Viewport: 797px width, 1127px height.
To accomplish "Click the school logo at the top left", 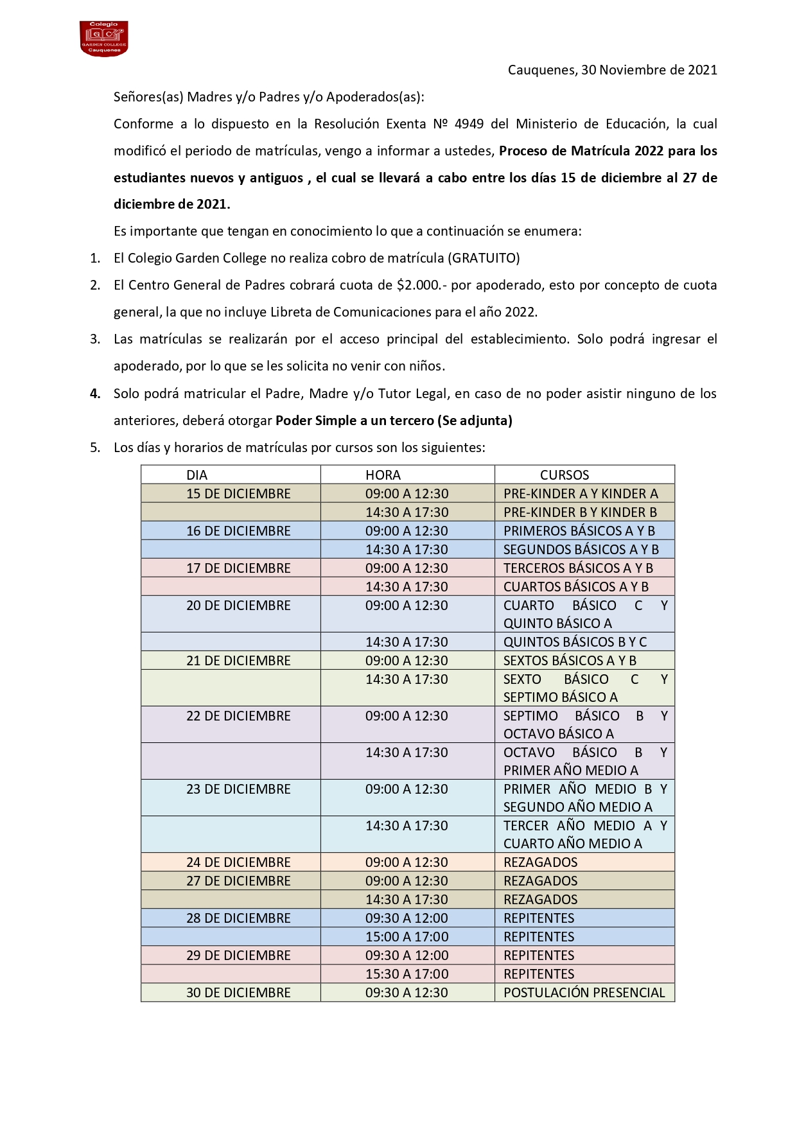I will pyautogui.click(x=103, y=39).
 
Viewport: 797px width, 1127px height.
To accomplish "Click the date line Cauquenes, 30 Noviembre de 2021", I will pyautogui.click(x=612, y=70).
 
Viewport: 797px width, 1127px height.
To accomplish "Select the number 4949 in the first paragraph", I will pyautogui.click(x=469, y=124).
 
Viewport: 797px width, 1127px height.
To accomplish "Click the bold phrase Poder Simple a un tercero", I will pyautogui.click(x=355, y=421).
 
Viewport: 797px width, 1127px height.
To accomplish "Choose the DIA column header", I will pyautogui.click(x=197, y=475).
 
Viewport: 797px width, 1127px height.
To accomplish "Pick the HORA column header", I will pyautogui.click(x=383, y=475).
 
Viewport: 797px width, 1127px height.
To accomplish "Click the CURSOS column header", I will pyautogui.click(x=564, y=475).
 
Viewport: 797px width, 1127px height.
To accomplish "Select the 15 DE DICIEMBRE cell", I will pyautogui.click(x=238, y=494).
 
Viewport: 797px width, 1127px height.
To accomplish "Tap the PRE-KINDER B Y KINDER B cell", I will pyautogui.click(x=580, y=512).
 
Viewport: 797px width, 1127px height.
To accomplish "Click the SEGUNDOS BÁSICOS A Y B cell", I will pyautogui.click(x=581, y=550).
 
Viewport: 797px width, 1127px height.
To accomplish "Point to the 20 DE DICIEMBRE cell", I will pyautogui.click(x=238, y=606).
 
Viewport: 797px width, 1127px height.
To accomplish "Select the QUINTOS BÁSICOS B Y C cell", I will pyautogui.click(x=575, y=642).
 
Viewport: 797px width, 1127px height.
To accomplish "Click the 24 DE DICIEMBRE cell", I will pyautogui.click(x=238, y=862).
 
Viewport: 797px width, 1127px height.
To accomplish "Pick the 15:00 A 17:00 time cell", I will pyautogui.click(x=407, y=937).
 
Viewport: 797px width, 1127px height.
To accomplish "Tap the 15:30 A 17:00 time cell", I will pyautogui.click(x=407, y=974).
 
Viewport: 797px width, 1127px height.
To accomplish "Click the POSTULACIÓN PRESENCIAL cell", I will pyautogui.click(x=584, y=993).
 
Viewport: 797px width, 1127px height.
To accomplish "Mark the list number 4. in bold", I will pyautogui.click(x=95, y=394).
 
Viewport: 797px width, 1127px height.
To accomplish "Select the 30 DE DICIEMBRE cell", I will pyautogui.click(x=238, y=993).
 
